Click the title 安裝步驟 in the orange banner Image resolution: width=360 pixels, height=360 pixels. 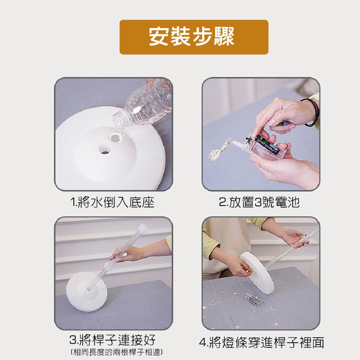point(192,37)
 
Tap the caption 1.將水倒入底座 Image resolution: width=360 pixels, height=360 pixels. point(112,202)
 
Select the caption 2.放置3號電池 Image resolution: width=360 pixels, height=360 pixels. point(259,202)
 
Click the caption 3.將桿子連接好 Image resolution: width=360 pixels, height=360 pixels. point(112,340)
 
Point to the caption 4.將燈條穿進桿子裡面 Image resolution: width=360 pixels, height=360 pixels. point(261,343)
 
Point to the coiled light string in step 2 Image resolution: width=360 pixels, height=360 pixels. point(219,150)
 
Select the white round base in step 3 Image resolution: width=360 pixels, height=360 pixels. point(87,291)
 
